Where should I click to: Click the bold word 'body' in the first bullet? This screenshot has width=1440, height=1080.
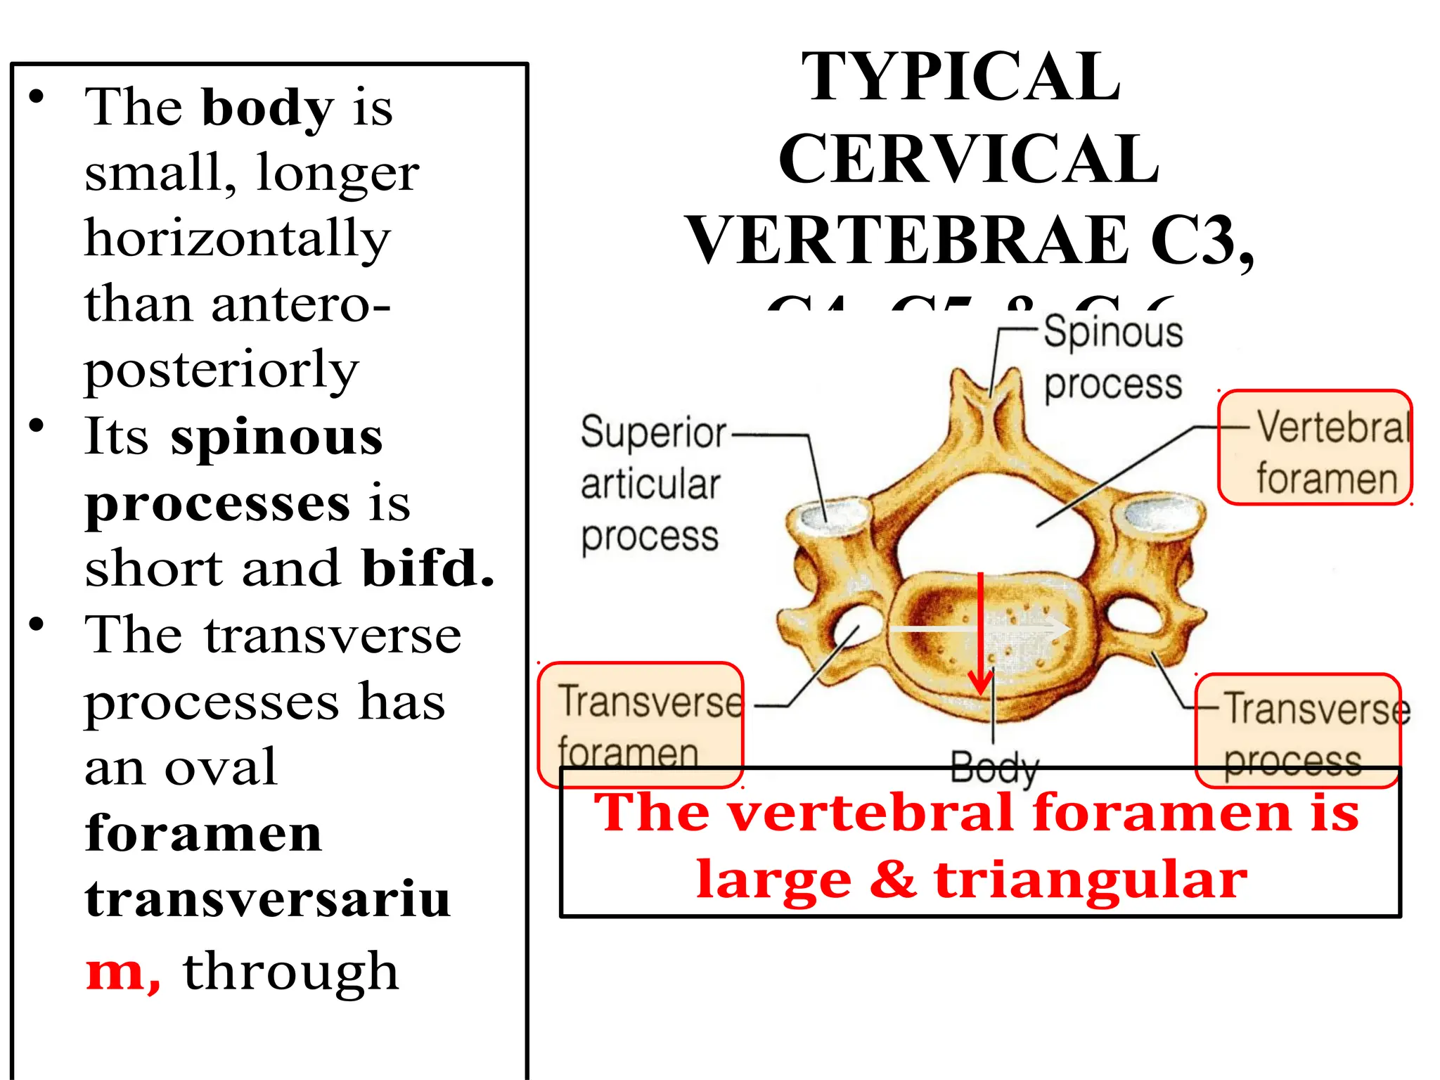point(267,109)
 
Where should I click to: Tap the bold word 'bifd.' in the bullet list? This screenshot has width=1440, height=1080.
point(428,568)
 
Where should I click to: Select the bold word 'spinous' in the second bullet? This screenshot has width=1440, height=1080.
point(276,437)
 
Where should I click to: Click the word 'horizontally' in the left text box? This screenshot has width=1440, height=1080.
point(237,239)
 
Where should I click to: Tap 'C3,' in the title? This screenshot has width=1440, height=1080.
point(1202,240)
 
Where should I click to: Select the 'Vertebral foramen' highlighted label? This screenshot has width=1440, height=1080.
point(1315,448)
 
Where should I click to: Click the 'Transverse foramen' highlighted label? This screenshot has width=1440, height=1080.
point(641,724)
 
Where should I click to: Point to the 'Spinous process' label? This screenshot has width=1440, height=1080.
point(1112,358)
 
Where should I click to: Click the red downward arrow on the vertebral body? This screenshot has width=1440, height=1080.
point(981,633)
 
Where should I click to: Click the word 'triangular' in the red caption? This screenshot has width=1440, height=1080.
point(1091,880)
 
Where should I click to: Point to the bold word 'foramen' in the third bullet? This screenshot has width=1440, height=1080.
point(203,834)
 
